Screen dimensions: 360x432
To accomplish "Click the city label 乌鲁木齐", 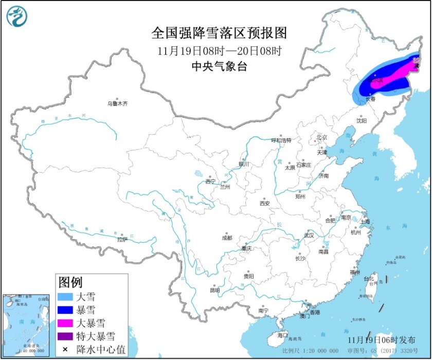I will coord(117,103).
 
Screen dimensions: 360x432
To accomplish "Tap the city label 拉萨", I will coord(122,239).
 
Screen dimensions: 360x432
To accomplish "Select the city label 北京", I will coord(321,137).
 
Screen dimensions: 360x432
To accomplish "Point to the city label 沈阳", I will coord(362,121).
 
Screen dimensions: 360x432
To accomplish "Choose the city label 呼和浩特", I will coord(281,140).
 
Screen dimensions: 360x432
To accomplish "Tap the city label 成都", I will coord(226,238).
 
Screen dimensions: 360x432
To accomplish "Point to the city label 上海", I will coord(366,221).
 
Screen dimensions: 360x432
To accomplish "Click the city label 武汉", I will coord(309,235).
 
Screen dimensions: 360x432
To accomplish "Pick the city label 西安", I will coord(264,203).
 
